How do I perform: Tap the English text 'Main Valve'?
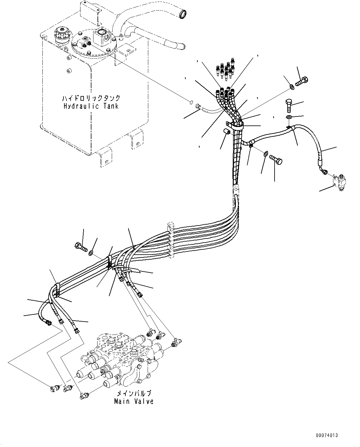(x=134, y=401)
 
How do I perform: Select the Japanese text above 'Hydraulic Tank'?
(x=91, y=99)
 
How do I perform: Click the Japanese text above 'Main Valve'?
(x=134, y=394)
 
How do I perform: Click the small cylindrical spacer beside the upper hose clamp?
(x=227, y=132)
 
